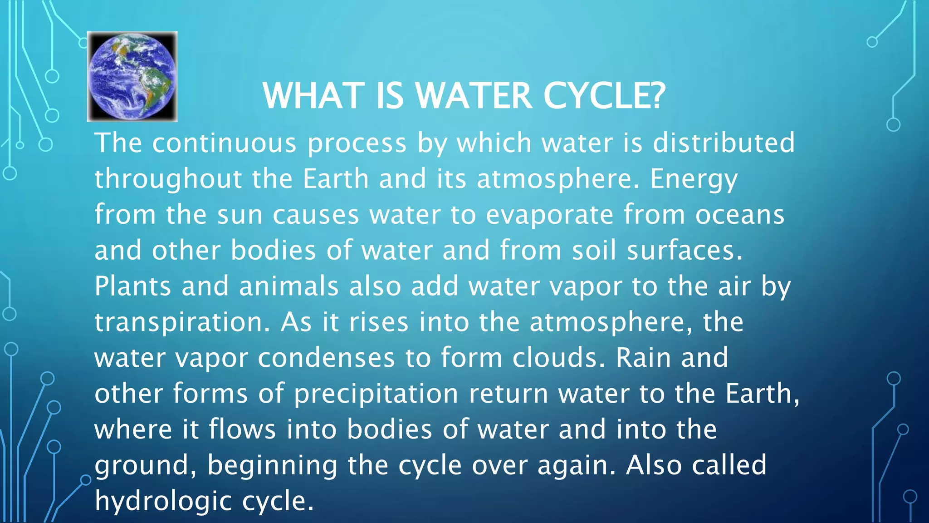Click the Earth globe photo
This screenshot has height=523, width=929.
[x=132, y=76]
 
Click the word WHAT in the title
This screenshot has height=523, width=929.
[x=313, y=96]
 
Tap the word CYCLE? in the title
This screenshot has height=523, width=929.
[x=604, y=96]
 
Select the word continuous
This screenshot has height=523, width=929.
[x=224, y=143]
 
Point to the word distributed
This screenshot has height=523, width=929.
[x=724, y=143]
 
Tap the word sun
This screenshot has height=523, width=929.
[x=240, y=215]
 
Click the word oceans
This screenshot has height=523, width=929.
[x=740, y=215]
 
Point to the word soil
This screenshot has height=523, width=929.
[x=594, y=251]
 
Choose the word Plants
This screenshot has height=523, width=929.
[x=133, y=286]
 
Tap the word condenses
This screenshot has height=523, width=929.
[x=326, y=358]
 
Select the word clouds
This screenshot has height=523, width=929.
[x=559, y=358]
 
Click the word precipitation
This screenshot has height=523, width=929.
[x=376, y=394]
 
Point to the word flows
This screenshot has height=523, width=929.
[x=242, y=429]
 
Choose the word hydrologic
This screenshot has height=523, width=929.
[x=163, y=502]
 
